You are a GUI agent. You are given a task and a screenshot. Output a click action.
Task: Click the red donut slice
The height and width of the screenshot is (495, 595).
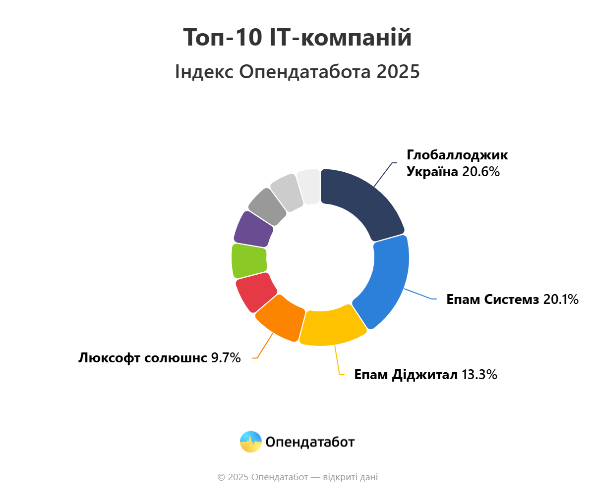(x=254, y=292)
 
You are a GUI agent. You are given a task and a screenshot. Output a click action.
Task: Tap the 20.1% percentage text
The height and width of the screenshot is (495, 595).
(x=560, y=299)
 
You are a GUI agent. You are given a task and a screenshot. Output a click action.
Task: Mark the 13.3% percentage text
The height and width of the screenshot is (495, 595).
(x=479, y=375)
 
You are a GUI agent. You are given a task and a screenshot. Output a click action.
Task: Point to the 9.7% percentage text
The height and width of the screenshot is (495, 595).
(x=226, y=358)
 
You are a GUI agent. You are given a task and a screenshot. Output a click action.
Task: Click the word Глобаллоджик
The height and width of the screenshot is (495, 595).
(x=457, y=155)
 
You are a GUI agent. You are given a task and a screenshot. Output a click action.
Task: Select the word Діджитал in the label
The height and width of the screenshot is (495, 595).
(x=425, y=375)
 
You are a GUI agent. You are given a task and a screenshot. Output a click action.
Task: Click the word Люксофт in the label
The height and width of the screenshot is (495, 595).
(x=109, y=358)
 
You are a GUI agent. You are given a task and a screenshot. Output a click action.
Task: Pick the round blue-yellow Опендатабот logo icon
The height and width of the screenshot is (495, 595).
(x=250, y=442)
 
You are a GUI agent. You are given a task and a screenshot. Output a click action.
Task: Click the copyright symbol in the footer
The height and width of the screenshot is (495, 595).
(x=221, y=477)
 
